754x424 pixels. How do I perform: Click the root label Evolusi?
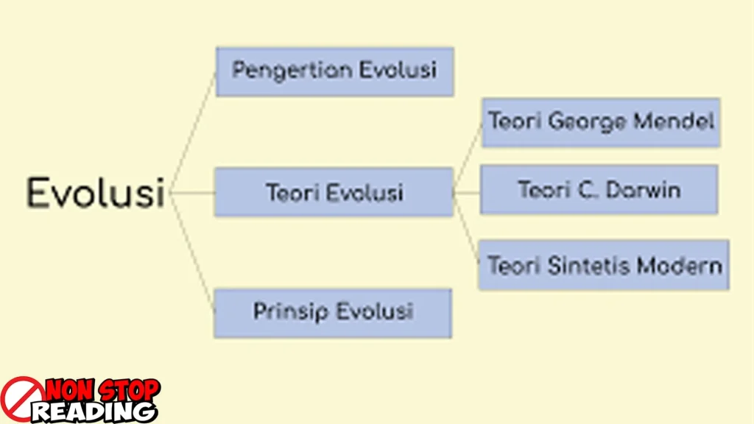[96, 193]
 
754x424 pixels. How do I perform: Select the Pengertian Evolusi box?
[335, 71]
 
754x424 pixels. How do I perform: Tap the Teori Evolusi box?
[334, 192]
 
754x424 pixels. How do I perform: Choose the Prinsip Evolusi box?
[333, 314]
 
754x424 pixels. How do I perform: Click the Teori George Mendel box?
[601, 123]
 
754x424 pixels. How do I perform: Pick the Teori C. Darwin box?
[599, 190]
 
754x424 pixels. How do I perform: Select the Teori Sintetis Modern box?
[604, 265]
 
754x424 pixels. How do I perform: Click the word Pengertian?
[292, 71]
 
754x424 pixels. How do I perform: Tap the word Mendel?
[674, 121]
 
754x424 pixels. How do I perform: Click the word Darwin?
[644, 190]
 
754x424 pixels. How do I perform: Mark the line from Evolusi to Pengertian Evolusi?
[192, 132]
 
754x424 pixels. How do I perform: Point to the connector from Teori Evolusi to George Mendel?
[468, 158]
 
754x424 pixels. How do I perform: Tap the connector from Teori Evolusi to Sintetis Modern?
[466, 229]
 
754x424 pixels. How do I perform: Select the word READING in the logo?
[94, 411]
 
